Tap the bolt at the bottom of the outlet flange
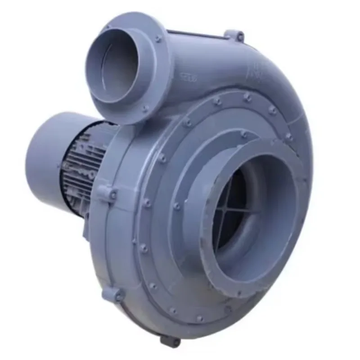[x=145, y=108]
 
